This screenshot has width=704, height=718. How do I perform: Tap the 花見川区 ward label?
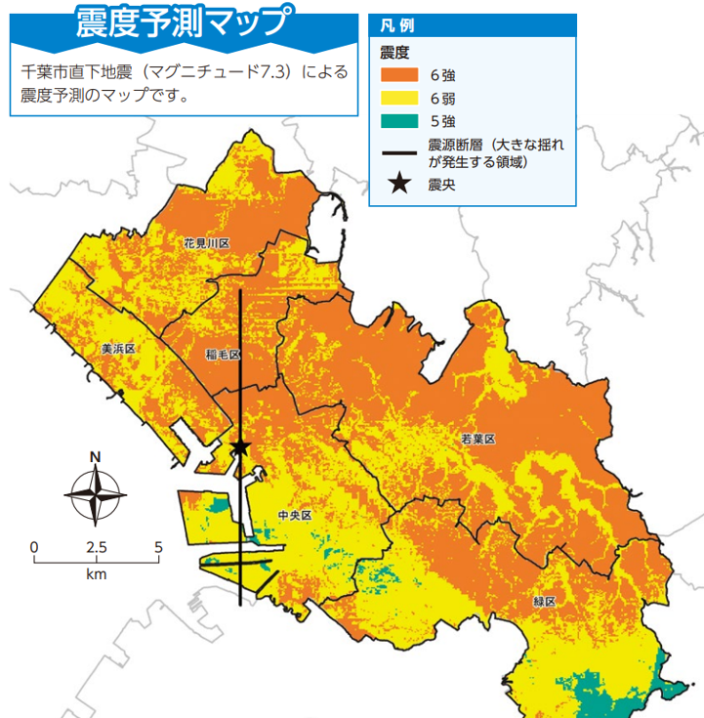click(206, 242)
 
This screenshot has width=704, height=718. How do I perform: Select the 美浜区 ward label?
click(118, 349)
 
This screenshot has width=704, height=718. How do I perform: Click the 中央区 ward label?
click(294, 515)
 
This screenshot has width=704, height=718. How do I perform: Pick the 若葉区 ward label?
click(478, 440)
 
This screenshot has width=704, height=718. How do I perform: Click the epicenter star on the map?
click(239, 447)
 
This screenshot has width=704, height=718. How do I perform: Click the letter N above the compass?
click(95, 456)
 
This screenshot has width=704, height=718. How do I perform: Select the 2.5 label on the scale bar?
click(96, 546)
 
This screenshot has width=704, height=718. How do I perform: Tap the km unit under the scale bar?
click(96, 574)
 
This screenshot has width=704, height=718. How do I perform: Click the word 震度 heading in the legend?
click(393, 51)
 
